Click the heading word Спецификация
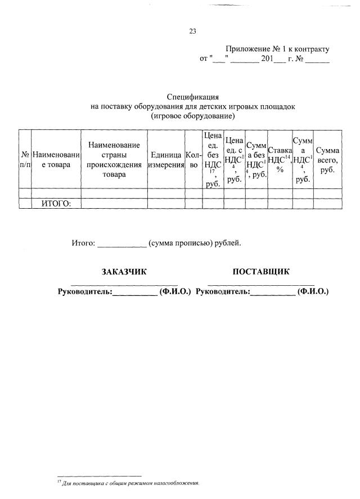[192, 97]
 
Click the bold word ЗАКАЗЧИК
[124, 272]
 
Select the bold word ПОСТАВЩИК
[261, 272]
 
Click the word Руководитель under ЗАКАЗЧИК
[85, 291]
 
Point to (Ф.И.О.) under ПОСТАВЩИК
[313, 291]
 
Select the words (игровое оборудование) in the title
[192, 116]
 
